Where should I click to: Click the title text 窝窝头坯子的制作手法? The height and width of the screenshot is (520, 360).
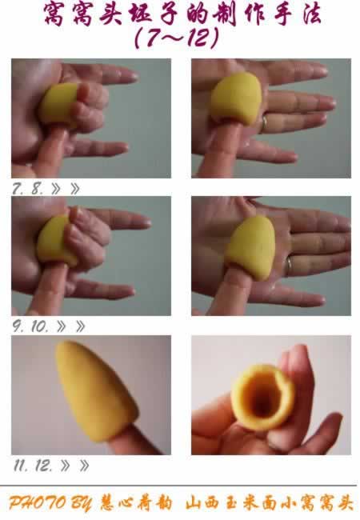click(182, 14)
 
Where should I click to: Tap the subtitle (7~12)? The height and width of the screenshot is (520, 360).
click(177, 38)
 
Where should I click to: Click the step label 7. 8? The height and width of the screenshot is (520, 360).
click(28, 189)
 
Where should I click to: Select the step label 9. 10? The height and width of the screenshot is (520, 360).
click(30, 326)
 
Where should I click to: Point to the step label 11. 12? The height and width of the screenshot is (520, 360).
click(33, 466)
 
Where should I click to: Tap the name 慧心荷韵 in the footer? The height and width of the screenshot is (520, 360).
click(136, 503)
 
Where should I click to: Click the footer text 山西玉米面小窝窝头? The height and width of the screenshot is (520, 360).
click(269, 503)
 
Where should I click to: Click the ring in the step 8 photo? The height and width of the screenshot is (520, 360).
click(265, 123)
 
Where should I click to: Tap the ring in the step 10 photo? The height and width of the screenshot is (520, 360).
click(290, 265)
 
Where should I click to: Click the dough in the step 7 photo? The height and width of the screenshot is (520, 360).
click(59, 104)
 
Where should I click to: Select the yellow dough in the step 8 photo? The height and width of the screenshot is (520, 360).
click(236, 98)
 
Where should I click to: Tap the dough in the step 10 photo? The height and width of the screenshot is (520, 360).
click(251, 247)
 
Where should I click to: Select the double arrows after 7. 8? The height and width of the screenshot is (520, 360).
click(66, 189)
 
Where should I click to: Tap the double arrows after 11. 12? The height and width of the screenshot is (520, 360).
click(75, 466)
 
